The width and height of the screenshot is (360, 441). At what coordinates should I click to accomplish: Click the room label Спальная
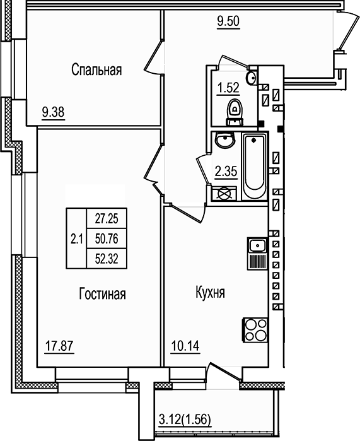(96, 69)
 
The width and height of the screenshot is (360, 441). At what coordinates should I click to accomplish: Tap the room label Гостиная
(103, 294)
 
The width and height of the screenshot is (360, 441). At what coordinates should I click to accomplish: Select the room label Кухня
(211, 294)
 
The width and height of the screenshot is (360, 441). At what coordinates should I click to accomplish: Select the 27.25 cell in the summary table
(107, 219)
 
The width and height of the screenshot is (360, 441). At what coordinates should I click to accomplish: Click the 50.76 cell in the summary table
(107, 238)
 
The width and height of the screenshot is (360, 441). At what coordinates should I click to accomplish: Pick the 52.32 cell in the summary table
(107, 257)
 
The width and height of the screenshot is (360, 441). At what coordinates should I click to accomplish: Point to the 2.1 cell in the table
(77, 238)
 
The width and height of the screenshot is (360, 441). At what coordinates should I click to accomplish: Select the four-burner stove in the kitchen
(255, 330)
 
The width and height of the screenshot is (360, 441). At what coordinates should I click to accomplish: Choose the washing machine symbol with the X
(223, 194)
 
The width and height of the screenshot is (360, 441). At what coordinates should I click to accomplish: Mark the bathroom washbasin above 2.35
(223, 141)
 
